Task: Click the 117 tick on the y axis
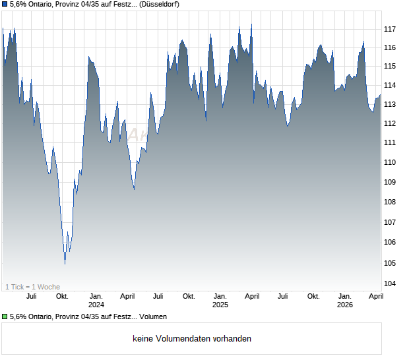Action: [x=391, y=29]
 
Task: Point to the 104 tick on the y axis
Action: [x=391, y=284]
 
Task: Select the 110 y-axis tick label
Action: [x=391, y=162]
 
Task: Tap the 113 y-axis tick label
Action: [x=391, y=104]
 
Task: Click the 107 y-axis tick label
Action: [x=391, y=223]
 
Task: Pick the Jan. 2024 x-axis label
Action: [x=96, y=301]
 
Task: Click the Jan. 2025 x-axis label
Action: [x=220, y=301]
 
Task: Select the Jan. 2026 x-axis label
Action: [x=344, y=301]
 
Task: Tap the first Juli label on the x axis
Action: [x=31, y=296]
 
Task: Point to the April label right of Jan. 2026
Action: [x=375, y=296]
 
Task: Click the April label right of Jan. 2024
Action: [x=127, y=296]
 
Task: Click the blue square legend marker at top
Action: [x=5, y=5]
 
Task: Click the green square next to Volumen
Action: [x=5, y=317]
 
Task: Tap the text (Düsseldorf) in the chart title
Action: [x=160, y=5]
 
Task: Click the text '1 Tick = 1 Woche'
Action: [x=32, y=287]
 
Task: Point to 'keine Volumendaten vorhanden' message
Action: [x=191, y=339]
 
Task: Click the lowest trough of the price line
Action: [x=65, y=264]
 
